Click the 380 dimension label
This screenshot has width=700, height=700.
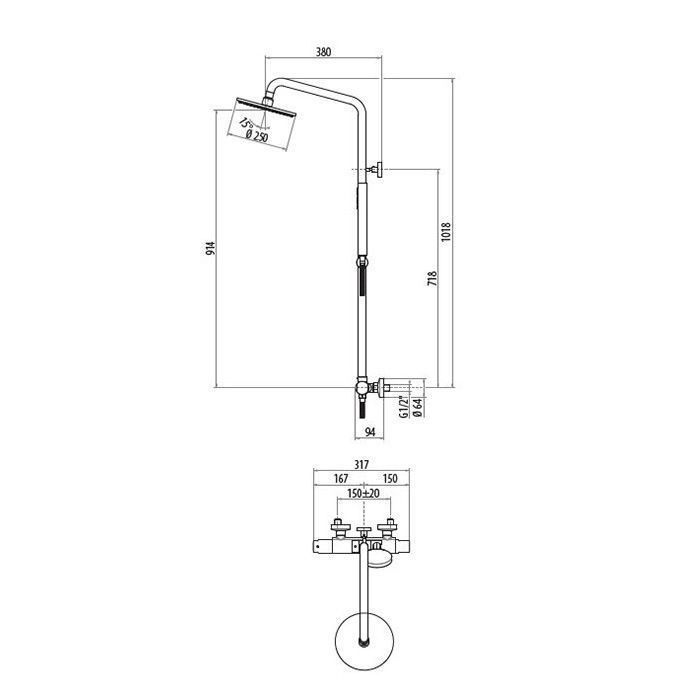323,52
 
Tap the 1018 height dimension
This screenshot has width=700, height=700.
446,232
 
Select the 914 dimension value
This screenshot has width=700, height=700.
210,248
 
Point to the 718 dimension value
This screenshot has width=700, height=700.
432,279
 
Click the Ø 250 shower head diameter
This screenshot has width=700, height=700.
257,136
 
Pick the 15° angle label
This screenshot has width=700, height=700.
245,123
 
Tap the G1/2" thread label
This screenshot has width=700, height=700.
404,406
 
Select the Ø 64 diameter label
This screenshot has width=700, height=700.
418,407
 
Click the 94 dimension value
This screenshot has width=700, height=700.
370,432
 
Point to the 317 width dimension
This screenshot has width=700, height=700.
361,465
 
